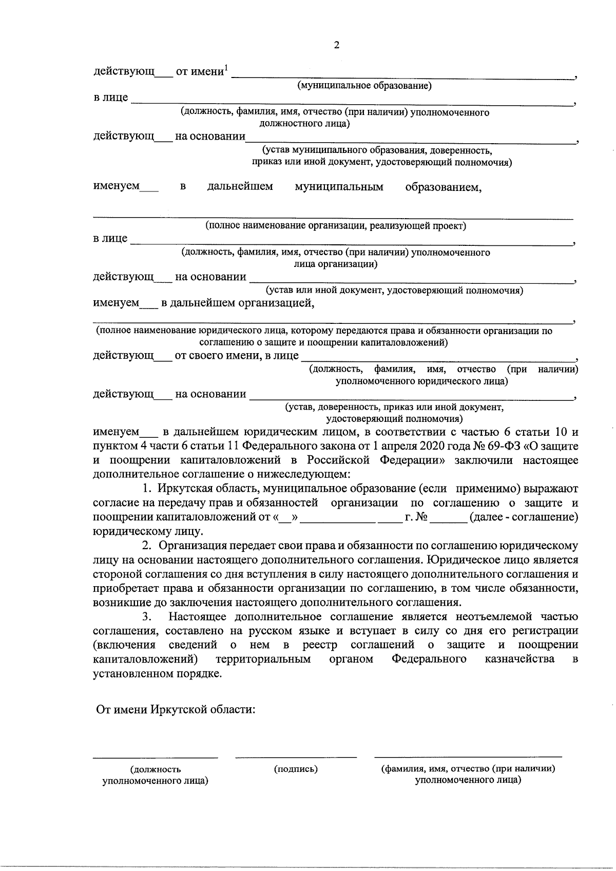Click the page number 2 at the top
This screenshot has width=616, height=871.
pos(337,45)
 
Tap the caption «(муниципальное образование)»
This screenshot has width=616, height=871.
pos(365,86)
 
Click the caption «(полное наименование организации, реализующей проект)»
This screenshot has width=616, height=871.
pos(336,226)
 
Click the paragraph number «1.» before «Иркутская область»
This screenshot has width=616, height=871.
pos(146,488)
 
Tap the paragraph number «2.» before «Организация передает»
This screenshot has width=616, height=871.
pos(146,546)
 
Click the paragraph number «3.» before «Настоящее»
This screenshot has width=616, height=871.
pos(146,616)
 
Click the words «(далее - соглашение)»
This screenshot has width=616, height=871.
pos(524,517)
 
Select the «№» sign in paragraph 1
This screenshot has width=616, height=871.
pos(422,517)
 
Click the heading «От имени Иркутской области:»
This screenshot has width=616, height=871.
pos(176,710)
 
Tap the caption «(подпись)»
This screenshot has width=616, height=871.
pos(296,769)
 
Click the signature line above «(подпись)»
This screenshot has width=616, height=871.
pos(296,757)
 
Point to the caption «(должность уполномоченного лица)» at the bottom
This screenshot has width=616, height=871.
pos(155,775)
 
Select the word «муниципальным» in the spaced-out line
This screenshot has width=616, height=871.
pos(339,187)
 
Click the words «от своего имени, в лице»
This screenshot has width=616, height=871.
pos(237,355)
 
